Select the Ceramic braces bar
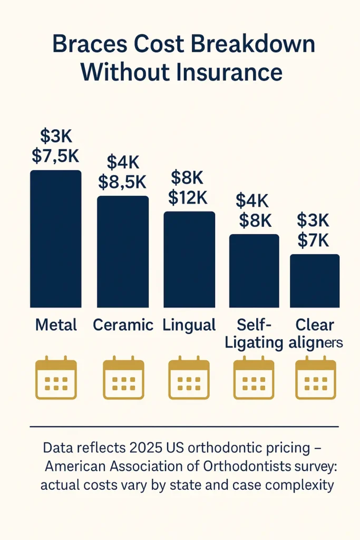click(123, 252)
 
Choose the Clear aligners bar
click(315, 281)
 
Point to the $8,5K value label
click(122, 182)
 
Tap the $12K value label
click(188, 197)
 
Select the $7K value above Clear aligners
click(313, 240)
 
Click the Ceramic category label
click(123, 325)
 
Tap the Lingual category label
click(189, 325)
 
